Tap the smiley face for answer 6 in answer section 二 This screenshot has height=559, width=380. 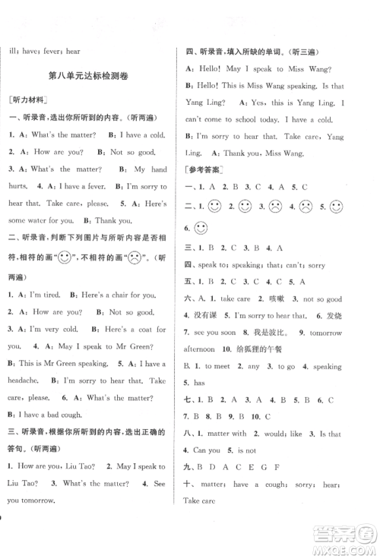(x=201, y=228)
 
